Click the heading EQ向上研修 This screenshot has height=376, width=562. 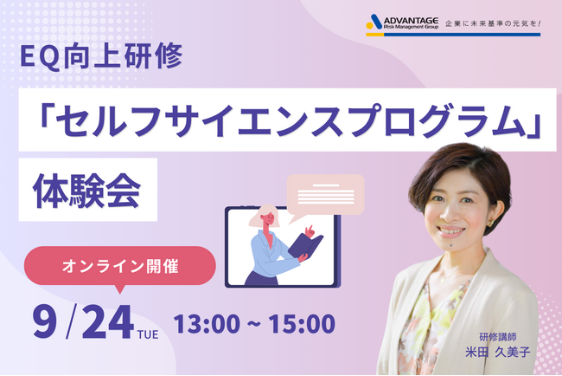click(x=102, y=59)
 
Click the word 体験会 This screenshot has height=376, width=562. click(x=86, y=188)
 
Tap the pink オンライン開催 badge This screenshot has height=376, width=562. click(x=122, y=266)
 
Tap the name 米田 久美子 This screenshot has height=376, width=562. click(x=500, y=353)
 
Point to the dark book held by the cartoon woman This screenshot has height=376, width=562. click(x=305, y=247)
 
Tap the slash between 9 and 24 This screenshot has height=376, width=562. click(x=74, y=322)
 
